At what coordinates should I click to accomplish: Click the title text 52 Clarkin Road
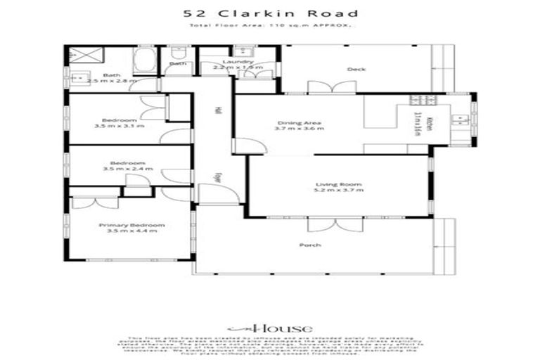(270, 13)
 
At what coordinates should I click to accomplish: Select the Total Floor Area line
(270, 26)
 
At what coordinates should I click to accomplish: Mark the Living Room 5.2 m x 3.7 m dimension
(339, 191)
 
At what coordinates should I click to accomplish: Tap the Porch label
(310, 245)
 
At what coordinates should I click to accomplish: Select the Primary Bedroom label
(131, 225)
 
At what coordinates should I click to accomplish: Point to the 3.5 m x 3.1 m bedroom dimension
(119, 126)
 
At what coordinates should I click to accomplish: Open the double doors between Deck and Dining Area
(327, 87)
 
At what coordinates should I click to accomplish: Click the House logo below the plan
(270, 328)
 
